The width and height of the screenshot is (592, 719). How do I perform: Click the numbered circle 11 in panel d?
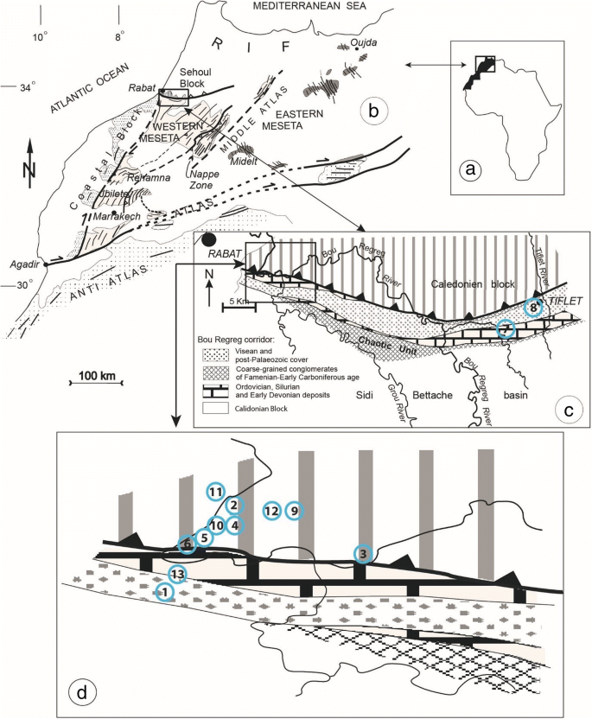tap(215, 492)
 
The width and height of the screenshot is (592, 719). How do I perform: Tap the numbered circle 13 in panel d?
tap(177, 574)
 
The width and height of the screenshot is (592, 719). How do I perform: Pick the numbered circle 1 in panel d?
tap(162, 591)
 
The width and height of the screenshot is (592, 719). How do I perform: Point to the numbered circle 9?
tap(295, 511)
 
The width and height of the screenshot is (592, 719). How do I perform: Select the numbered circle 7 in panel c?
tap(507, 329)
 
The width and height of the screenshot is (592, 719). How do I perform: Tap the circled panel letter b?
tap(374, 111)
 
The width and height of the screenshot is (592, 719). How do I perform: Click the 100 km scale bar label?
tap(96, 376)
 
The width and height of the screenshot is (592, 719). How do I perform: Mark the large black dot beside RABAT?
tap(208, 239)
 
